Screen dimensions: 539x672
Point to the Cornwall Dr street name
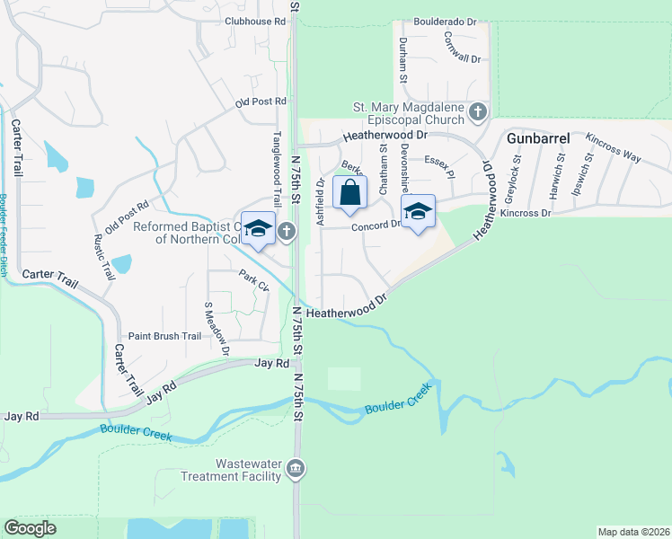point(463,47)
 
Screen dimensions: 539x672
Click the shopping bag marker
point(349,192)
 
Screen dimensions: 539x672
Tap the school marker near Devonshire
point(417,212)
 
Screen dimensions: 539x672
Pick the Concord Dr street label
point(382,225)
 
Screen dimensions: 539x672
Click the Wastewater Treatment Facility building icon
point(297,469)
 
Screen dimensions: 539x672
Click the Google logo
point(30,528)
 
